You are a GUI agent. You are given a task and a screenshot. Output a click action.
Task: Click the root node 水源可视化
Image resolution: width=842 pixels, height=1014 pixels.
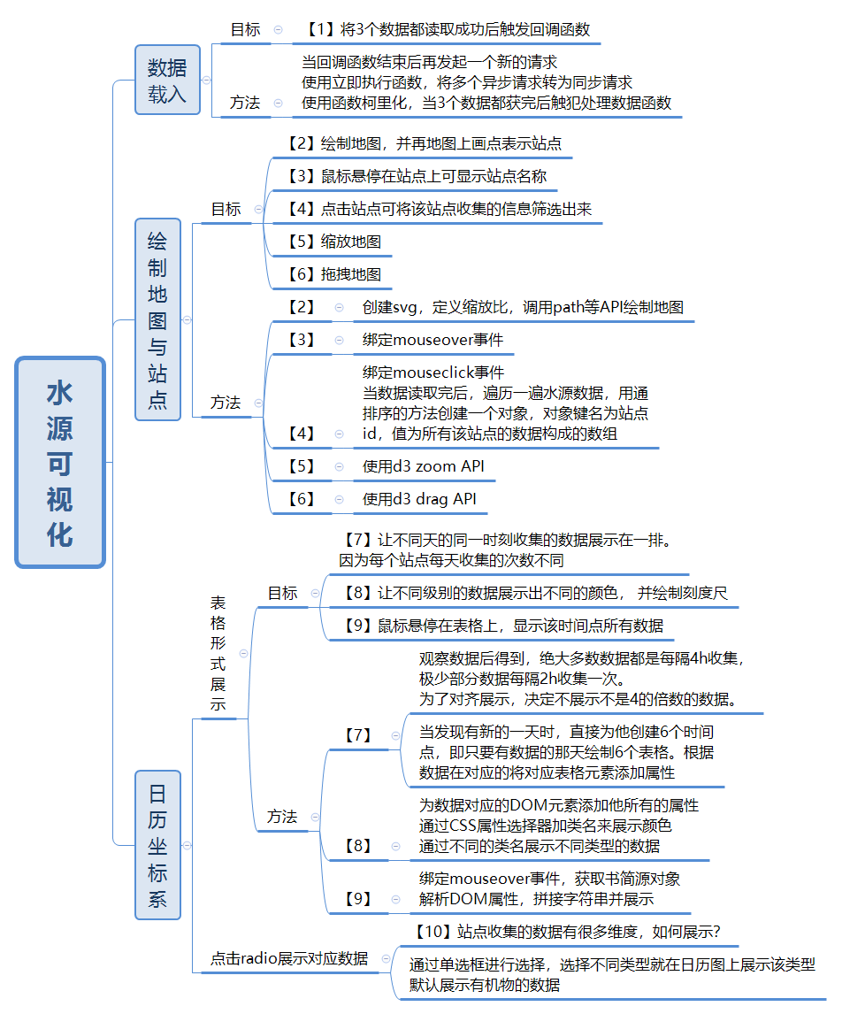click(60, 462)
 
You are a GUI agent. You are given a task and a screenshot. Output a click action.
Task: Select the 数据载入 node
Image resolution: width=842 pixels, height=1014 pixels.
click(167, 80)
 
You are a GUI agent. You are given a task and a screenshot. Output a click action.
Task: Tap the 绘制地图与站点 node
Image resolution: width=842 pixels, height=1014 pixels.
click(157, 319)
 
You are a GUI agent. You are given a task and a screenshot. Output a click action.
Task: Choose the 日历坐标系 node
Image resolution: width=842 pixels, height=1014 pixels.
click(157, 845)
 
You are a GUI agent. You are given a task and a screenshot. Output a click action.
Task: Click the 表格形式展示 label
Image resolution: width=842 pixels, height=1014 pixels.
click(218, 654)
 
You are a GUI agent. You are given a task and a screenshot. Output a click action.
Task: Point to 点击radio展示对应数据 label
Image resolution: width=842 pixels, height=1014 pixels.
click(289, 958)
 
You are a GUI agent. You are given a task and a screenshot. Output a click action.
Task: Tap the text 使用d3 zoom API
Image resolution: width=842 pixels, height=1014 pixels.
click(423, 466)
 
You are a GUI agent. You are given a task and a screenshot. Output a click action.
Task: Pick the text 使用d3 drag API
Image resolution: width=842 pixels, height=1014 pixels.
click(419, 499)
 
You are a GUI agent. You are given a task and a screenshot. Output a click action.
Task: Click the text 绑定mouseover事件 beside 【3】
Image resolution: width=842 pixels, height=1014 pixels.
click(433, 340)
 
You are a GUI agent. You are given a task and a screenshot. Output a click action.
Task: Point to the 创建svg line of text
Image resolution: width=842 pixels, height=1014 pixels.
click(522, 307)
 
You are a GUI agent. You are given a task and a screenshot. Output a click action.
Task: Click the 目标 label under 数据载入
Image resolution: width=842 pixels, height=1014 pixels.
click(246, 29)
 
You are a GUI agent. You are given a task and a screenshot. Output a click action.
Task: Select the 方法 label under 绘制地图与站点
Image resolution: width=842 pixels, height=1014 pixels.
click(226, 402)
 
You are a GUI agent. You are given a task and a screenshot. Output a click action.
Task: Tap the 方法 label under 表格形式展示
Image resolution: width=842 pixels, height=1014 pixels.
click(282, 817)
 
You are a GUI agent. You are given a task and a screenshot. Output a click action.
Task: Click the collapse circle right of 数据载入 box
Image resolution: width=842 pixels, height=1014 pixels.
click(207, 80)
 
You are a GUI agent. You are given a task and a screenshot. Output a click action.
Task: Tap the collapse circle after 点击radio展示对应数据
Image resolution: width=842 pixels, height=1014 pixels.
click(386, 958)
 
